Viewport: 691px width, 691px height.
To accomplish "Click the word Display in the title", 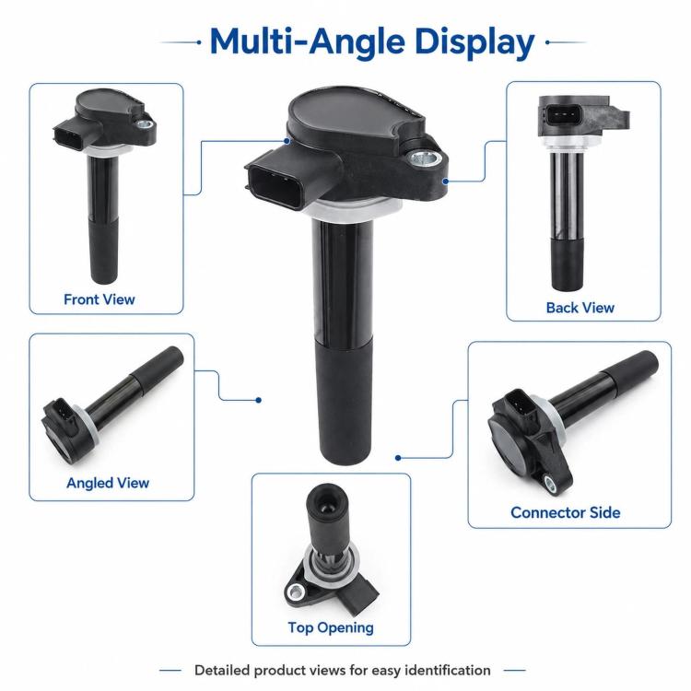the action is point(474,42).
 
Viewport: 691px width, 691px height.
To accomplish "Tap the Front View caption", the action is point(100,299).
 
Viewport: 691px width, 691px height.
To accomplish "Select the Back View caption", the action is point(580,308).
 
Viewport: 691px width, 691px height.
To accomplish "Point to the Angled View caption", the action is point(108,483).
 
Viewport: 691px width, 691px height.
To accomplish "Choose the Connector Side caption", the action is point(566,512).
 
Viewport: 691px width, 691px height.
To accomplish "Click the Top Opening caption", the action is point(331,627).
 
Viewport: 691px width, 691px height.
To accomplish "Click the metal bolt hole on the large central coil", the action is point(425,158).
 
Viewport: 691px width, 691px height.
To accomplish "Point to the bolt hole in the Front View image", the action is point(144,124).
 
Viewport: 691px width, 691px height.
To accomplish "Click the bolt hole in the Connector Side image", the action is point(550,484).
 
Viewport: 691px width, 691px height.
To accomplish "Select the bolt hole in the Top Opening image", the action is point(296,591).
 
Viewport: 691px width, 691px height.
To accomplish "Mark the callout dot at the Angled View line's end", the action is point(259,400).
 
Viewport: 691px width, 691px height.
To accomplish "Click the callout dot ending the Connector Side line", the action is point(398,458).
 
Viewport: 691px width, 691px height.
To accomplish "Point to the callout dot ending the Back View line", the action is point(446,182).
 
